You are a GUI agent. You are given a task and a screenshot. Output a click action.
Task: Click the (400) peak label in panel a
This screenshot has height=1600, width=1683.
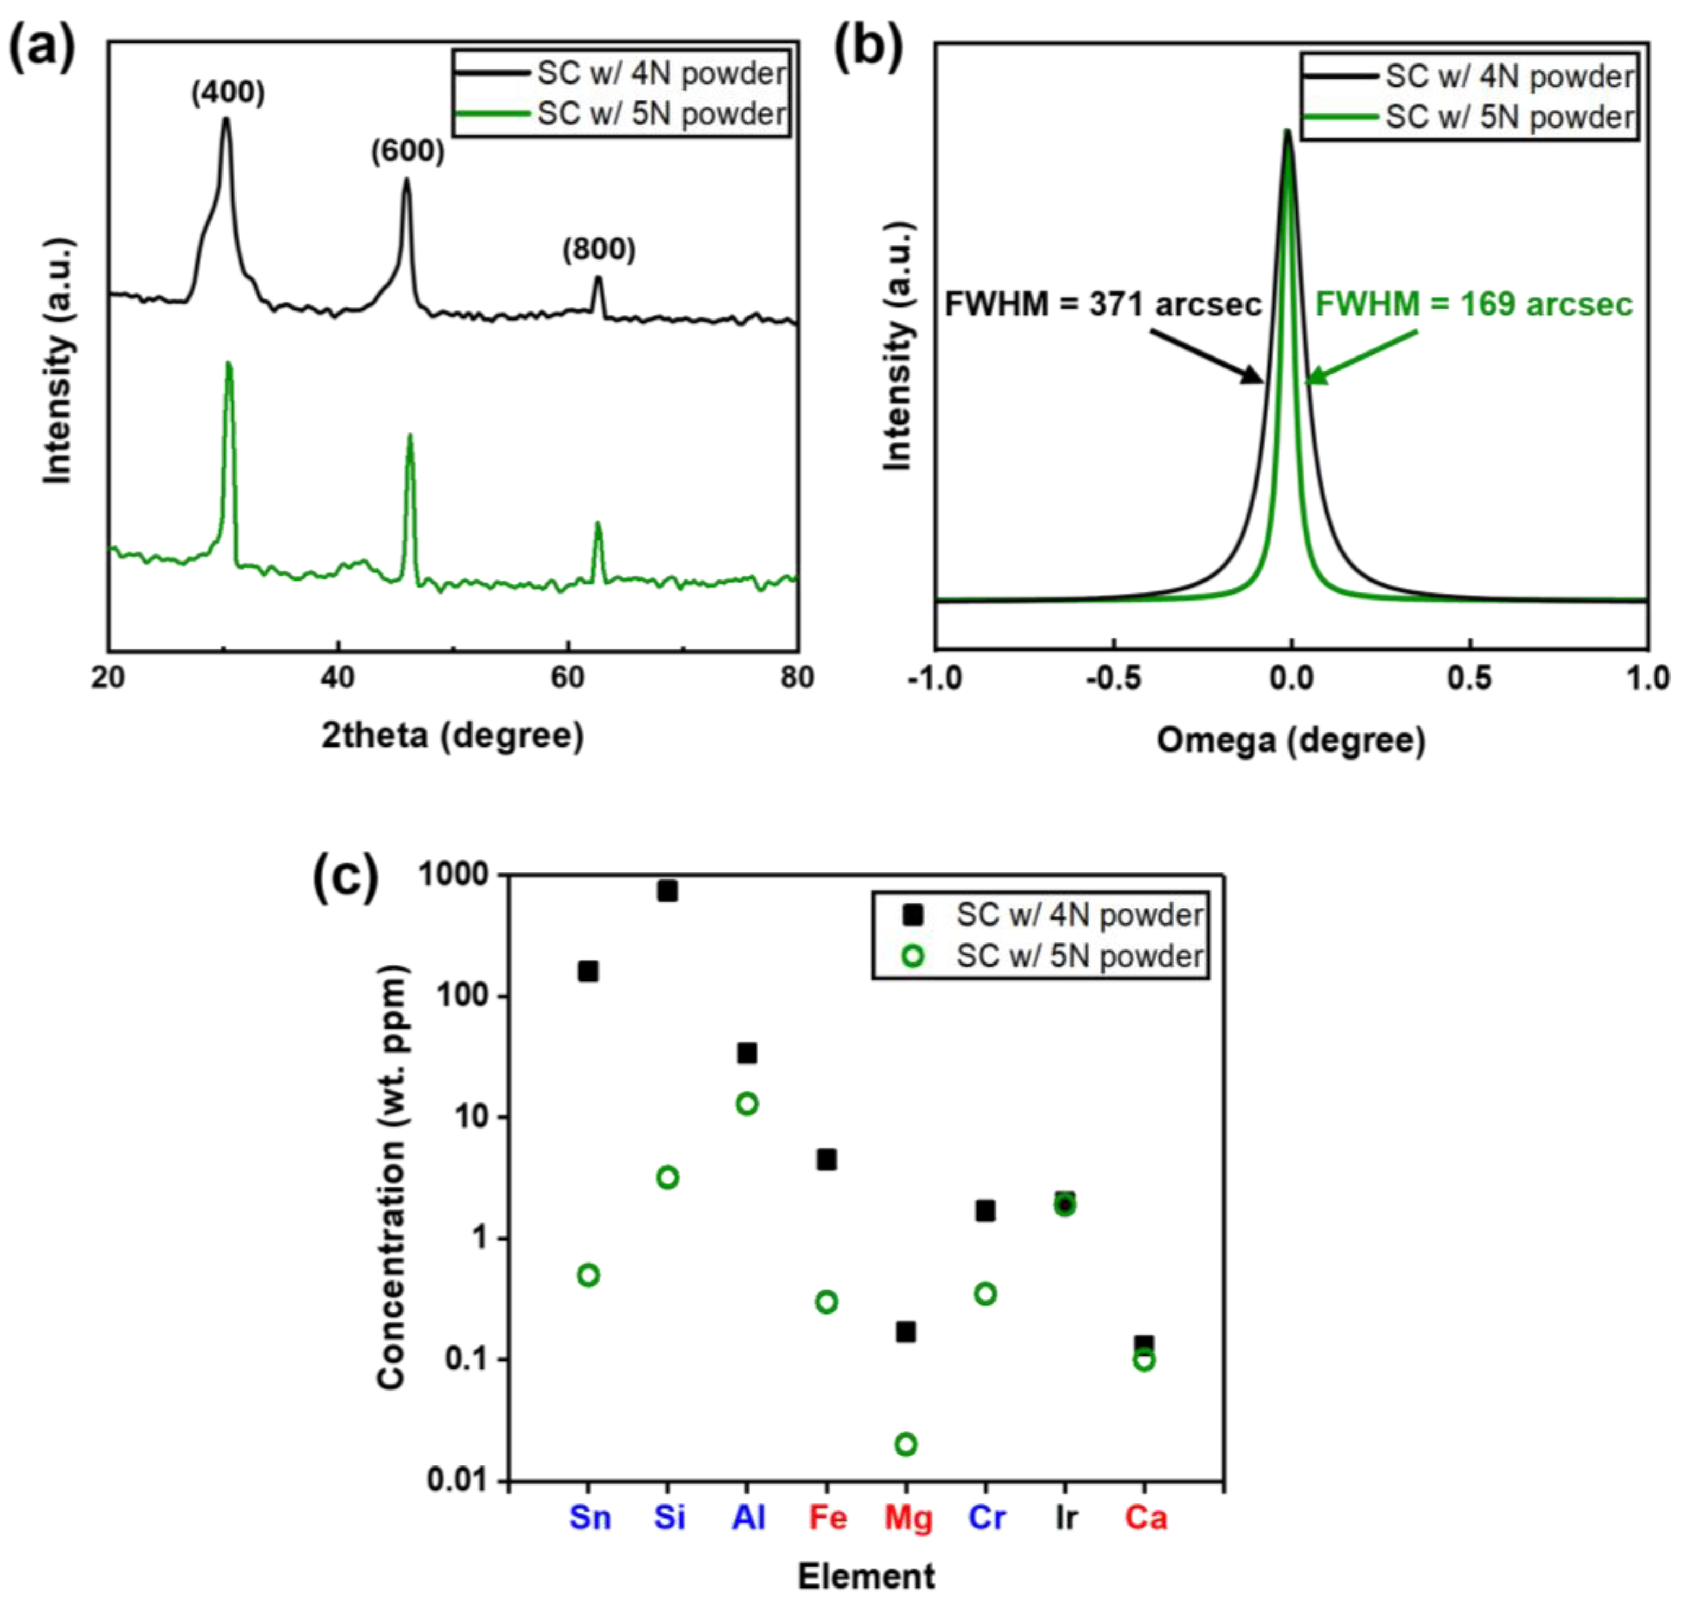click(x=227, y=93)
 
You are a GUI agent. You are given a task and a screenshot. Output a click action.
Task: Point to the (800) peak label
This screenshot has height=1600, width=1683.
click(x=598, y=250)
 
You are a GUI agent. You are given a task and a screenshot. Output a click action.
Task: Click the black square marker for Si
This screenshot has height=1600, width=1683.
click(x=667, y=891)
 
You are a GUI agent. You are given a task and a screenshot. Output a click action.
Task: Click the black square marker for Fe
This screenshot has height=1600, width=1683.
click(x=826, y=1160)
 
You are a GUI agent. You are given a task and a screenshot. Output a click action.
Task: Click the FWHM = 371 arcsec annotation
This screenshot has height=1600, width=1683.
click(x=1102, y=304)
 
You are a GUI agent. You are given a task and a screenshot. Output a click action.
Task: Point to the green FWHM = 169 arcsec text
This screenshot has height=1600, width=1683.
click(x=1473, y=304)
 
